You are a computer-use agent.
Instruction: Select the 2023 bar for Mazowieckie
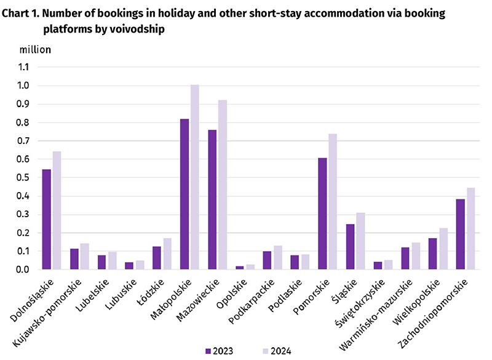coord(212,200)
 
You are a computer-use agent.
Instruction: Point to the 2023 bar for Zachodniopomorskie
coord(461,234)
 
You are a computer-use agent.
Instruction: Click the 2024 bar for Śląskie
coord(360,241)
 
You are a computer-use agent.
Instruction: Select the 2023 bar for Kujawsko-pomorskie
coord(74,259)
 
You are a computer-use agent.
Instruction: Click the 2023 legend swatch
coord(208,351)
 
